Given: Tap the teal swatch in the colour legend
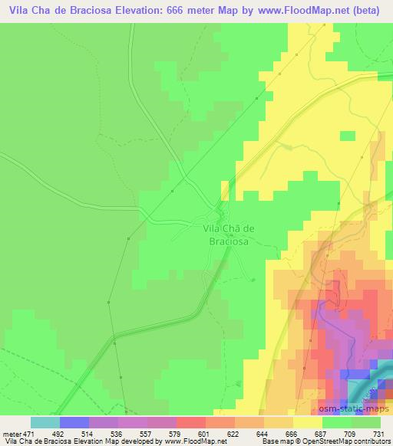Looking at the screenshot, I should point(45,423).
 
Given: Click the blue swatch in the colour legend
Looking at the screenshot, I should point(74,423).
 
